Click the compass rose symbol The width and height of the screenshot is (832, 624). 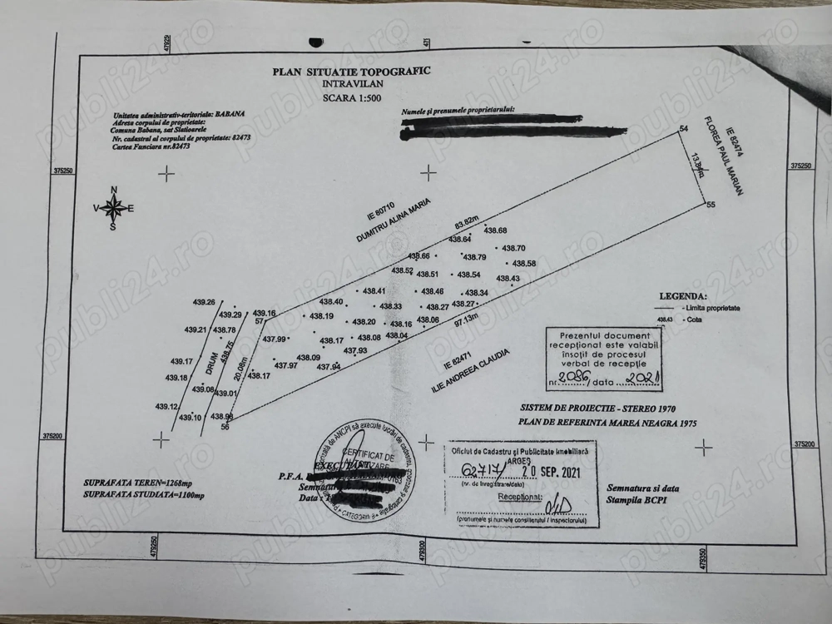[x=114, y=208]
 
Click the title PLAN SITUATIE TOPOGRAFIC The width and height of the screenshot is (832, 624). [x=351, y=72]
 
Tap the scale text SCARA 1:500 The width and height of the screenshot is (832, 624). [x=350, y=97]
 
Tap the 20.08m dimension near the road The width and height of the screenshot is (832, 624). [x=241, y=366]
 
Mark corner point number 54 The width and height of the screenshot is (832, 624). [x=685, y=129]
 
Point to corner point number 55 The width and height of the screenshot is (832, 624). [x=710, y=205]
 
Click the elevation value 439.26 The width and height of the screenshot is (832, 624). [x=204, y=302]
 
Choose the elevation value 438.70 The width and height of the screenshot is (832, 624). [x=515, y=248]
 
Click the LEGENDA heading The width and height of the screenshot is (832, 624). [x=683, y=295]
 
